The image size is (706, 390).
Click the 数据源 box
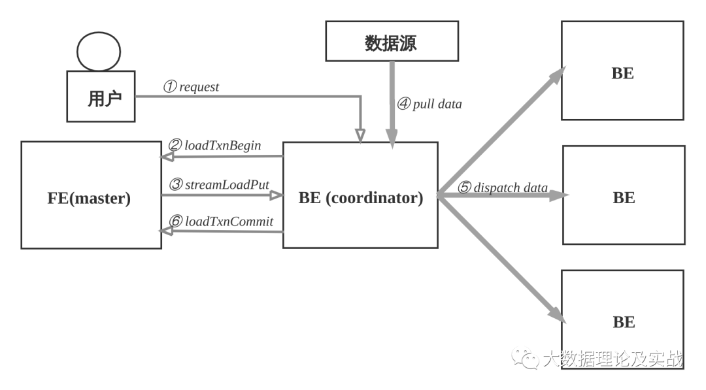[392, 41]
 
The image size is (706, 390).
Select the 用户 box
[101, 97]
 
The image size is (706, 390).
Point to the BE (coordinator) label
[360, 198]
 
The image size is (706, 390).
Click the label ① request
[192, 87]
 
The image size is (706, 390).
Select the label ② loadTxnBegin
[215, 145]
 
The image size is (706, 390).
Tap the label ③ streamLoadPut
[219, 184]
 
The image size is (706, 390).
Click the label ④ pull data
[429, 103]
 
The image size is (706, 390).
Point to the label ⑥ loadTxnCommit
[221, 221]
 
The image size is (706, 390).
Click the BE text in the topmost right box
[622, 73]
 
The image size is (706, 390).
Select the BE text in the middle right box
[624, 197]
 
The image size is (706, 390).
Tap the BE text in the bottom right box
[624, 322]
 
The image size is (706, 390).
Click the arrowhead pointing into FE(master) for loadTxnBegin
[167, 157]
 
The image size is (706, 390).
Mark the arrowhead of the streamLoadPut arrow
[277, 195]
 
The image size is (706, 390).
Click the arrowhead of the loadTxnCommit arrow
[167, 231]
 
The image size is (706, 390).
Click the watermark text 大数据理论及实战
[613, 359]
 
